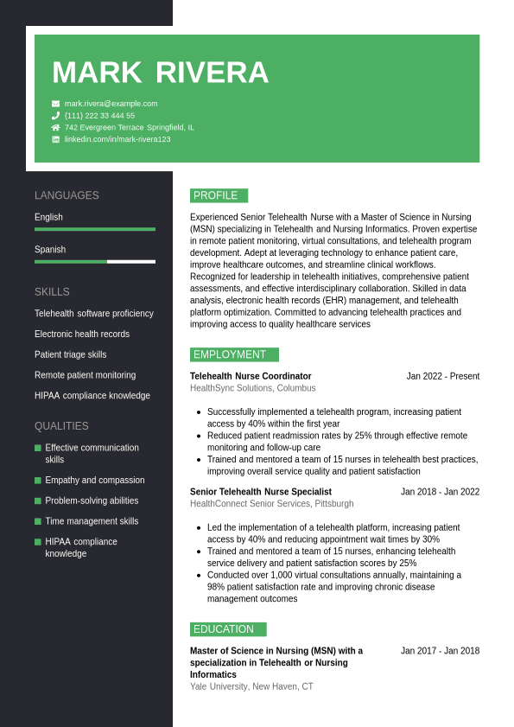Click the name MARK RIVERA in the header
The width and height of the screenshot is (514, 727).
(x=160, y=73)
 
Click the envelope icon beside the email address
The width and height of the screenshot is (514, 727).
(x=56, y=104)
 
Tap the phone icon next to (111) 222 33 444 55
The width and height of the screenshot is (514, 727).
(x=56, y=116)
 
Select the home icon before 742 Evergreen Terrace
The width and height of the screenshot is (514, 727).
(x=56, y=127)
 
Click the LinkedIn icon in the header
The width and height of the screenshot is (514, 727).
(x=56, y=139)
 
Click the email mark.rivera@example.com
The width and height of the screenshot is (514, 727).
(x=111, y=104)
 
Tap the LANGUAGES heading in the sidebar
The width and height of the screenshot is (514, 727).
(x=67, y=195)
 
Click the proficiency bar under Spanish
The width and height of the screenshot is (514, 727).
(x=95, y=261)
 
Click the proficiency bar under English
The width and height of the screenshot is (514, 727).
(x=95, y=229)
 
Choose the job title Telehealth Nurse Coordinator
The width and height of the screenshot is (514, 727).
(x=251, y=376)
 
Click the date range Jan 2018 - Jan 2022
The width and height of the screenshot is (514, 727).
(x=440, y=492)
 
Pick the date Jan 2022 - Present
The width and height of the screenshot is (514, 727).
(x=442, y=376)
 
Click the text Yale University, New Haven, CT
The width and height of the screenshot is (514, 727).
(x=251, y=686)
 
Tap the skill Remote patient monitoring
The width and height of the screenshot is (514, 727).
(x=85, y=375)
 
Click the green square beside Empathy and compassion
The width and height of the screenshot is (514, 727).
(x=38, y=481)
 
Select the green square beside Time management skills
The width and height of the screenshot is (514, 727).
(x=38, y=521)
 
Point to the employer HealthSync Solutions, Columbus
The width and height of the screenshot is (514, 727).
(x=252, y=388)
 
